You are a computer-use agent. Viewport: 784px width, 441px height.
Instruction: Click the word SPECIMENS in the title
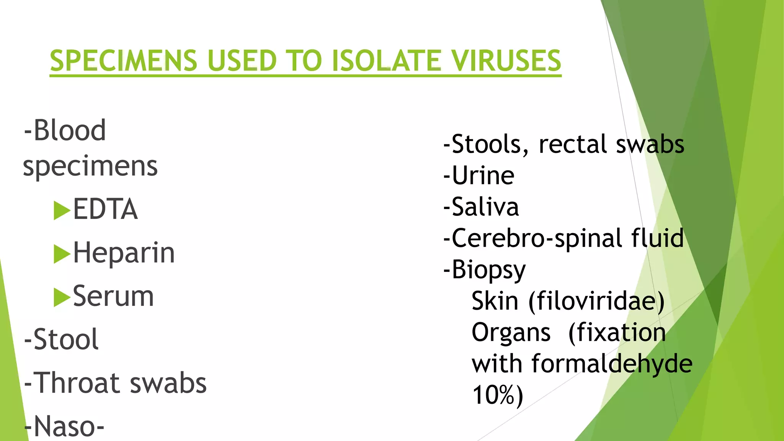(123, 61)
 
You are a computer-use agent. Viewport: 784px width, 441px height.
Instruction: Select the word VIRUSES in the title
(506, 61)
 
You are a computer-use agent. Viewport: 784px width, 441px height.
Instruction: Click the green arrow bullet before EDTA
(62, 210)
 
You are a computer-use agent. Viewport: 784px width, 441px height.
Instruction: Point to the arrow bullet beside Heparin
(62, 254)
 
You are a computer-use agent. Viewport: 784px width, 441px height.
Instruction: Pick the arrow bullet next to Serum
(62, 297)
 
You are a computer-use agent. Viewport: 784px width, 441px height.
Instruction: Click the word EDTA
(105, 209)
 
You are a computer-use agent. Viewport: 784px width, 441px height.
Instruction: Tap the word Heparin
(124, 253)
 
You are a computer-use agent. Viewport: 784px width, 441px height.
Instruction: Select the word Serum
(113, 297)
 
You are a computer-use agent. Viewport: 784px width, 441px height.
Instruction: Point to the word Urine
(483, 176)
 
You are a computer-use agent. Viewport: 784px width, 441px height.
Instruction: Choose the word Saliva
(485, 207)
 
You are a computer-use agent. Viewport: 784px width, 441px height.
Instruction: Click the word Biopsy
(488, 270)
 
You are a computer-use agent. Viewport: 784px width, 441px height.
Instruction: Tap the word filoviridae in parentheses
(596, 301)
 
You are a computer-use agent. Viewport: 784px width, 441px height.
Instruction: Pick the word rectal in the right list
(573, 145)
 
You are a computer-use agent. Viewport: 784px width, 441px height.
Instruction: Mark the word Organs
(511, 332)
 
